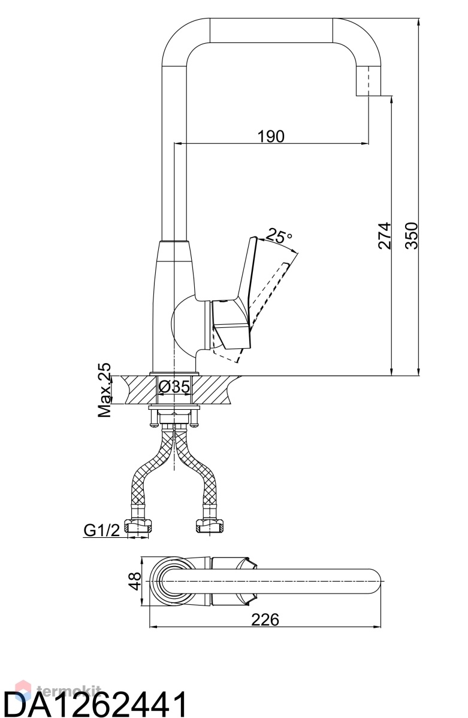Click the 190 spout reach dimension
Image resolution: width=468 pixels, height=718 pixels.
(271, 136)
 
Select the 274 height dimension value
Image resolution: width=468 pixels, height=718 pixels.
(385, 236)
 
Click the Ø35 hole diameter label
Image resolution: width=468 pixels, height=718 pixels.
(174, 387)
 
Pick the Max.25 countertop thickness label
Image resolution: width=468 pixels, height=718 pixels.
(105, 390)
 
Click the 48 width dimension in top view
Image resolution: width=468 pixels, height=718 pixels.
(136, 581)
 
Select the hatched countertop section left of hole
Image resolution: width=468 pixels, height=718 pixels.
(138, 389)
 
